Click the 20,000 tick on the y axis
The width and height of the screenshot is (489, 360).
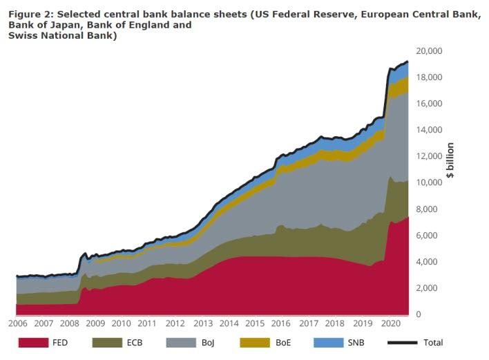[429, 51]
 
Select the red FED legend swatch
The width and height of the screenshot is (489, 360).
[32, 342]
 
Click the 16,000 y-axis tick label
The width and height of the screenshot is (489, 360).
[429, 104]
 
